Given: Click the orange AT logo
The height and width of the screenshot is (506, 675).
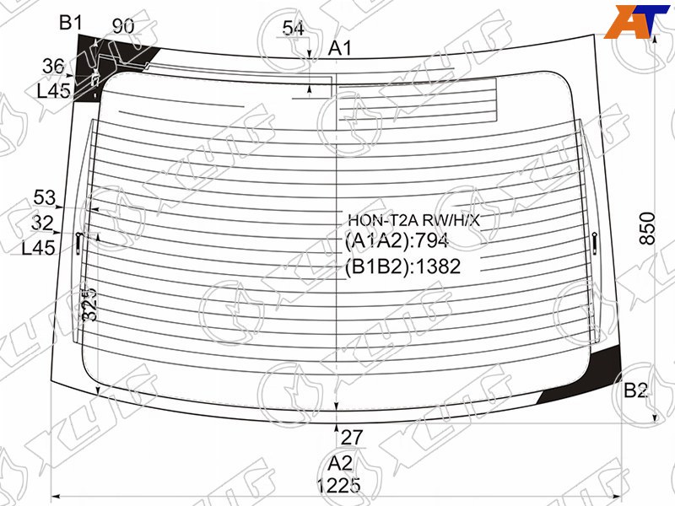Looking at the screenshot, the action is (x=637, y=22).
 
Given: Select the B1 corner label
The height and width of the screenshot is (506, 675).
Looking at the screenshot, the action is (x=70, y=23).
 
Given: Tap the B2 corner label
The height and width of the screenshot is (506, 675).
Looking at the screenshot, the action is (x=635, y=390).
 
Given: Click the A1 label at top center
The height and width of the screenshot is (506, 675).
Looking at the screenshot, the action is (x=340, y=48).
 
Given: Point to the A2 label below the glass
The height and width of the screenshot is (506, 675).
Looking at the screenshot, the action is (x=340, y=463).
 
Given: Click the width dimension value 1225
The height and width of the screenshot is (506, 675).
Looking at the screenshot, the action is (x=339, y=486).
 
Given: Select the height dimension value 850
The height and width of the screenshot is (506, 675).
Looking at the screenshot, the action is (x=647, y=228).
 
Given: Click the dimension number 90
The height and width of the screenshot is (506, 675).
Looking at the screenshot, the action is (x=123, y=26).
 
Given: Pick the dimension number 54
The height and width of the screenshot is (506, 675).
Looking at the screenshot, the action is (x=293, y=29).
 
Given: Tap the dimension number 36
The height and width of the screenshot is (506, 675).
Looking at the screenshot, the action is (x=53, y=67).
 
